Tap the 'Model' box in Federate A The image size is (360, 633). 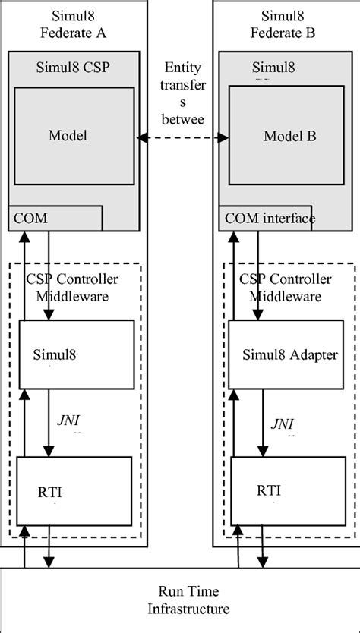click(x=68, y=135)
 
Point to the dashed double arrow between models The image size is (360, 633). click(x=182, y=137)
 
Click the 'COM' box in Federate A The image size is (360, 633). click(x=55, y=218)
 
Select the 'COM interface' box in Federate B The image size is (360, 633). click(x=267, y=219)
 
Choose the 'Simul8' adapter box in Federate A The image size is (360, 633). click(x=76, y=354)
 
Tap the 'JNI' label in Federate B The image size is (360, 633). click(x=283, y=423)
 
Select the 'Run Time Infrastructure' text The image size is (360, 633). click(x=179, y=600)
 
